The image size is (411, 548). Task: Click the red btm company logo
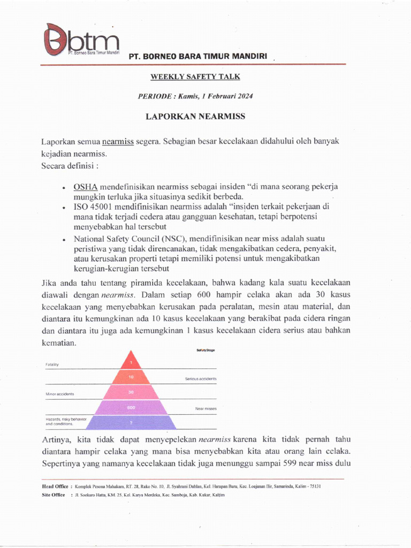pyautogui.click(x=80, y=42)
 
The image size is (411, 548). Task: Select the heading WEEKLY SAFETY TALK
pyautogui.click(x=195, y=77)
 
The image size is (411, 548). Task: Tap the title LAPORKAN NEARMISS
pyautogui.click(x=195, y=116)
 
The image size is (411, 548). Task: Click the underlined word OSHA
pyautogui.click(x=86, y=187)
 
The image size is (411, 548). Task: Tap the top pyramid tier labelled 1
pyautogui.click(x=131, y=362)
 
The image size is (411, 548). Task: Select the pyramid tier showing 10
pyautogui.click(x=131, y=377)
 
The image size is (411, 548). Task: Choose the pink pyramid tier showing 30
pyautogui.click(x=131, y=392)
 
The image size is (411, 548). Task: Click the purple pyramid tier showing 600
pyautogui.click(x=131, y=408)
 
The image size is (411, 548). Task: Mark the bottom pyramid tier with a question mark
pyautogui.click(x=131, y=423)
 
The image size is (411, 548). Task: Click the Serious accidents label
pyautogui.click(x=201, y=379)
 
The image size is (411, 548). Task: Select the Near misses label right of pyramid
pyautogui.click(x=205, y=409)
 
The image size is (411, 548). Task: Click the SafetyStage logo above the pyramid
pyautogui.click(x=205, y=350)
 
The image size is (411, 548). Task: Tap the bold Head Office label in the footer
pyautogui.click(x=55, y=486)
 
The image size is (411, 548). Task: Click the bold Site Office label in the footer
pyautogui.click(x=54, y=495)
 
